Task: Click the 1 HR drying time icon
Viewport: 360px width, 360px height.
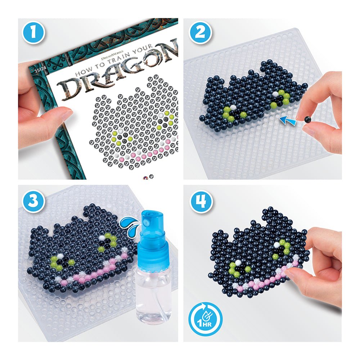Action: click(205, 319)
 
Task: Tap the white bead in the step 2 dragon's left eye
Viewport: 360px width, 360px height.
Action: click(233, 107)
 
